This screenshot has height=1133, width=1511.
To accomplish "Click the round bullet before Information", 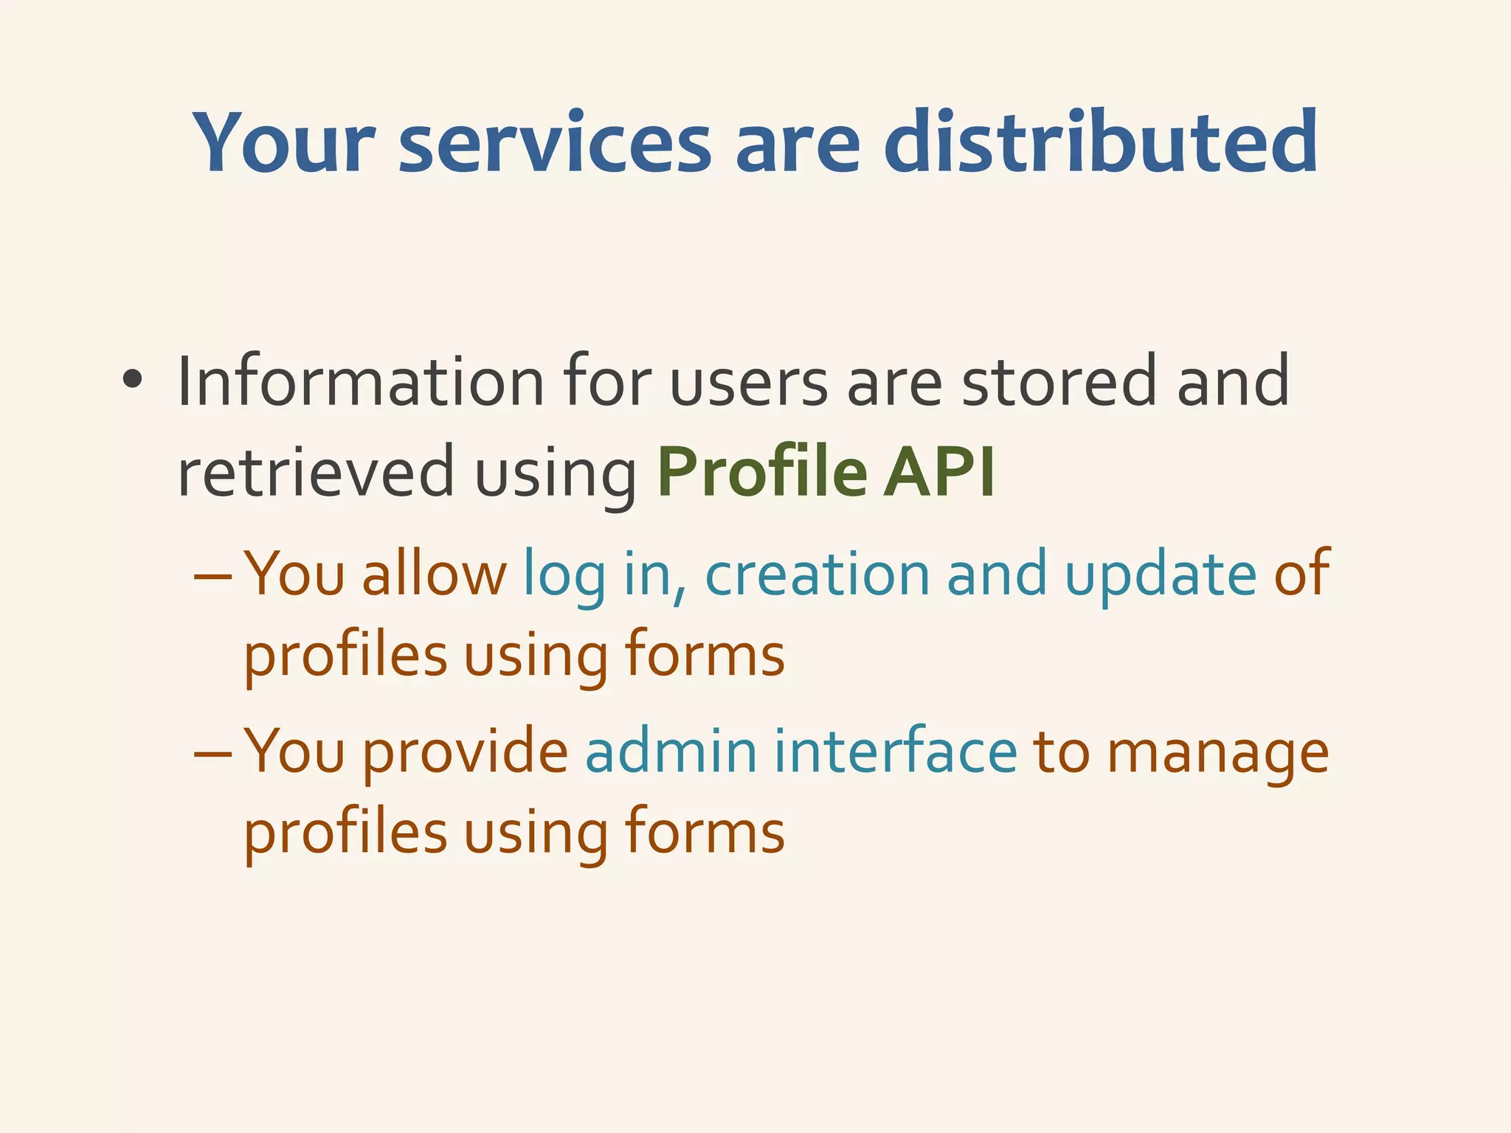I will click(133, 381).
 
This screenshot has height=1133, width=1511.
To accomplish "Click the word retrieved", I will click(316, 472).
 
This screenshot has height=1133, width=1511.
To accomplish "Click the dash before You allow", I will click(212, 575).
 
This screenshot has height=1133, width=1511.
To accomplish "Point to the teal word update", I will click(1161, 575).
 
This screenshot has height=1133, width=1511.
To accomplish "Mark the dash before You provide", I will click(212, 753).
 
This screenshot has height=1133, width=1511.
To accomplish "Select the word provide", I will click(465, 753).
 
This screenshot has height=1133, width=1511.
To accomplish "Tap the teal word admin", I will click(671, 752).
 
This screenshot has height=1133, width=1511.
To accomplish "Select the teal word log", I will click(564, 575).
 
